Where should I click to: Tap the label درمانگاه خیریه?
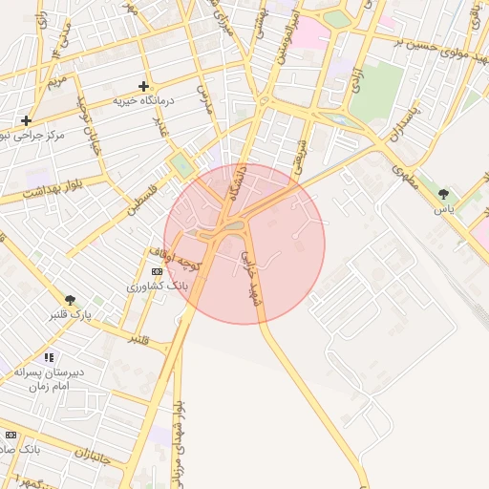pyautogui.click(x=144, y=100)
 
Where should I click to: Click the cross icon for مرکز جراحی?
pyautogui.click(x=26, y=120)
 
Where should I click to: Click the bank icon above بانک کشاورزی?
pyautogui.click(x=158, y=271)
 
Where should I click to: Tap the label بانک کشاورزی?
pyautogui.click(x=158, y=285)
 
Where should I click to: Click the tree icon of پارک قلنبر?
pyautogui.click(x=70, y=300)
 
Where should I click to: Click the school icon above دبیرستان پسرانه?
pyautogui.click(x=49, y=358)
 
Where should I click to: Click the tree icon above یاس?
pyautogui.click(x=443, y=193)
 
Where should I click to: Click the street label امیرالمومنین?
pyautogui.click(x=289, y=38)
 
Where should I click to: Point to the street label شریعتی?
pyautogui.click(x=299, y=154)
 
